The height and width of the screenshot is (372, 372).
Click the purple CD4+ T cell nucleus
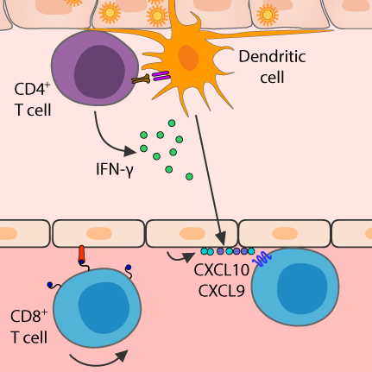pyautogui.click(x=99, y=72)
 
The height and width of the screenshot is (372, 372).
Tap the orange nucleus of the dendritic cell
pyautogui.click(x=188, y=58)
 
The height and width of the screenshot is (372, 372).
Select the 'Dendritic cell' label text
pyautogui.click(x=272, y=66)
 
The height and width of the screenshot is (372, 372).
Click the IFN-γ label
pyautogui.click(x=115, y=169)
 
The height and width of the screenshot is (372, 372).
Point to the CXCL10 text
pyautogui.click(x=222, y=270)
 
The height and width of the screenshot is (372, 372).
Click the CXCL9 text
pyautogui.click(x=222, y=291)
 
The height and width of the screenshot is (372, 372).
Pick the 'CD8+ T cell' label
pyautogui.click(x=29, y=326)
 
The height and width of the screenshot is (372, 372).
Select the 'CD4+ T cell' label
pyautogui.click(x=33, y=99)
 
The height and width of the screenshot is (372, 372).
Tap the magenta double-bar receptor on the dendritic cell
pyautogui.click(x=161, y=76)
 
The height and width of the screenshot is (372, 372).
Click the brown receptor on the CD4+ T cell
pyautogui.click(x=141, y=79)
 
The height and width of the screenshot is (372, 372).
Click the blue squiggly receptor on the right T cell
pyautogui.click(x=262, y=259)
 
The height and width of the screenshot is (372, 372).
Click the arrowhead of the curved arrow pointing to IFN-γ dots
pyautogui.click(x=130, y=151)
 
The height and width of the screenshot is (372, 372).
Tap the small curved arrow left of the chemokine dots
pyautogui.click(x=179, y=256)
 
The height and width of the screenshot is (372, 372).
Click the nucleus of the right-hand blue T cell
pyautogui.click(x=302, y=288)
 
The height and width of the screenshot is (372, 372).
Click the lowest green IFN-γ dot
pyautogui.click(x=189, y=176)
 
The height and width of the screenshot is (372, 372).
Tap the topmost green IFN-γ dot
pyautogui.click(x=172, y=123)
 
